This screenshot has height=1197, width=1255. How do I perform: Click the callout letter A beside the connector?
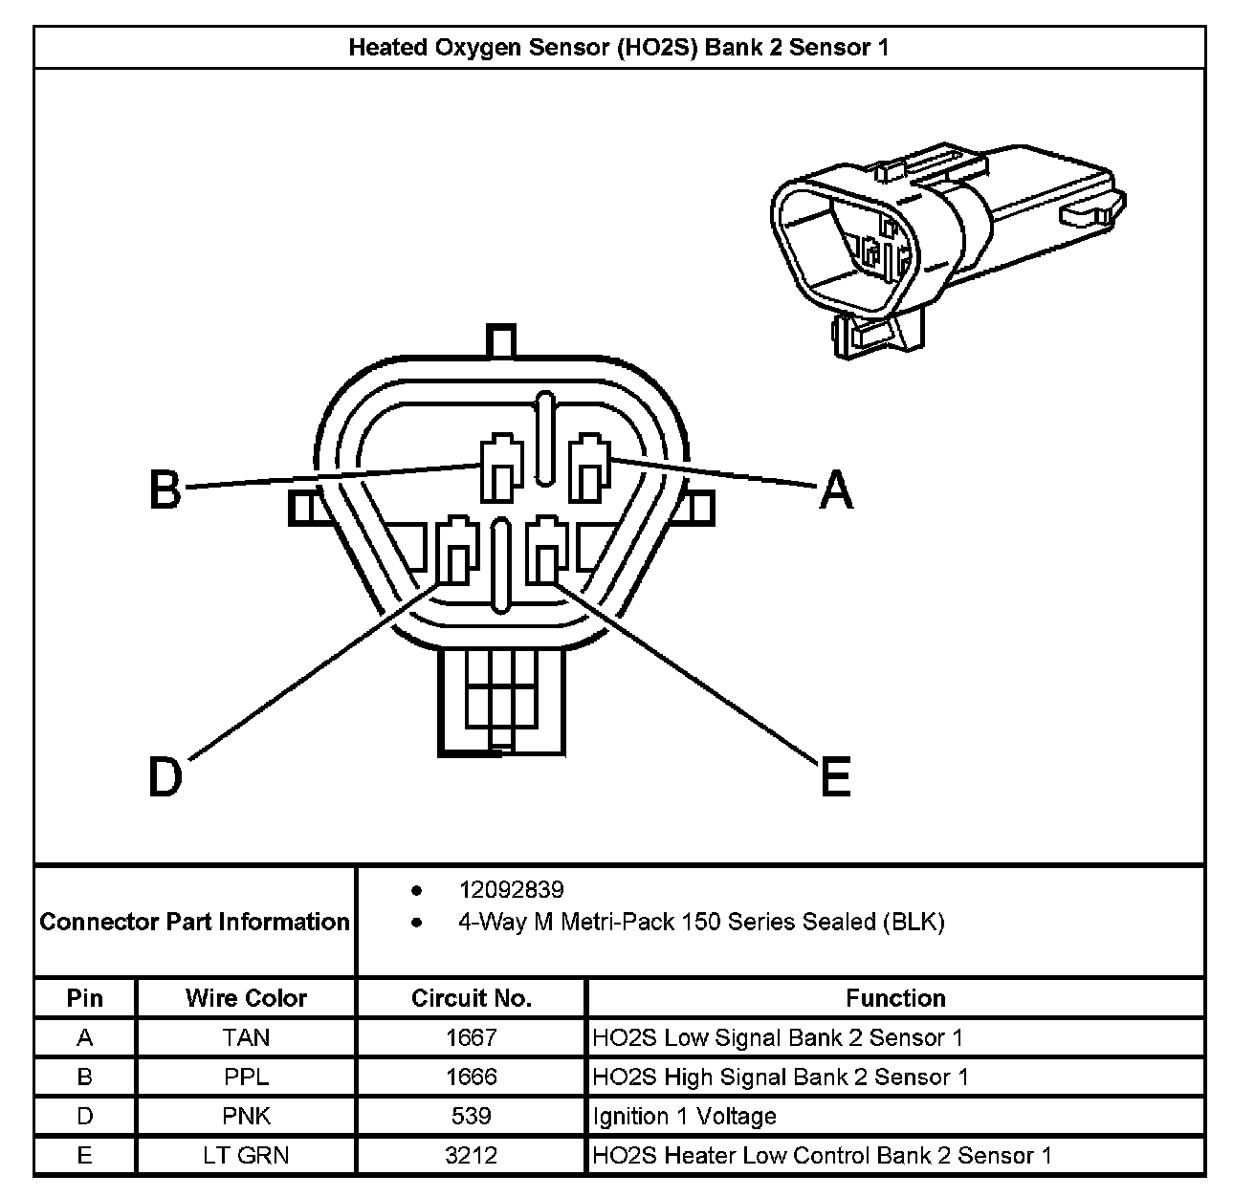836,490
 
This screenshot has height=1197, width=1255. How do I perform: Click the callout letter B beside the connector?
165,490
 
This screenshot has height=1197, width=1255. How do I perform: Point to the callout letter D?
165,775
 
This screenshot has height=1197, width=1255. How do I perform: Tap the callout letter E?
835,775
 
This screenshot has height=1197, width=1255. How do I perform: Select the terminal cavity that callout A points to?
588,468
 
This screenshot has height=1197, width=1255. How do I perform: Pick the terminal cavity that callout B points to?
500,468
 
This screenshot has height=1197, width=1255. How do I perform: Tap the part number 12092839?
511,890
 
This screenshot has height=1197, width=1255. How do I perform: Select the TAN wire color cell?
246,1037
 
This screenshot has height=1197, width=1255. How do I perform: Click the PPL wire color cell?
246,1077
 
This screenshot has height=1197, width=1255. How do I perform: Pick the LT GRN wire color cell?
246,1155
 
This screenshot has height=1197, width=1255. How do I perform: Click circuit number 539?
471,1116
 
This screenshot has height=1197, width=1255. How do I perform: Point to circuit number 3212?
471,1155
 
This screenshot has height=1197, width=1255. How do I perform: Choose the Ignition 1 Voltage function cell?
685,1116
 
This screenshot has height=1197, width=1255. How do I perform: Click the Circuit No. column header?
471,998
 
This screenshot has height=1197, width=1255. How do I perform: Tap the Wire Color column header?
246,998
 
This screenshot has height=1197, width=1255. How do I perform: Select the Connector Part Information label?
194,922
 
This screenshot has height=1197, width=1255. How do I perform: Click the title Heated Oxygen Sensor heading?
619,47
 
